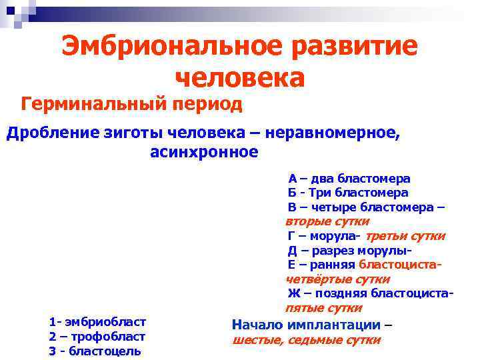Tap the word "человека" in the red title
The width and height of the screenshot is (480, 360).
(239, 78)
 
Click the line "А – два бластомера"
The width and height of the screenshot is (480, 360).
(349, 179)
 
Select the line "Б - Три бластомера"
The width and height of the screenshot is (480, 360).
(348, 193)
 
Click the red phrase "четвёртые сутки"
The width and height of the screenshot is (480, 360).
(337, 279)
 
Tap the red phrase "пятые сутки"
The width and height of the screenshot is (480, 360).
(323, 308)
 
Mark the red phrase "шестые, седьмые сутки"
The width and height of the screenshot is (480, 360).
(306, 340)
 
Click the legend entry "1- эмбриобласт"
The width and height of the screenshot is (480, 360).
(97, 322)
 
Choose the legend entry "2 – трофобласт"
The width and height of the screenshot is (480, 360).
(97, 337)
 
